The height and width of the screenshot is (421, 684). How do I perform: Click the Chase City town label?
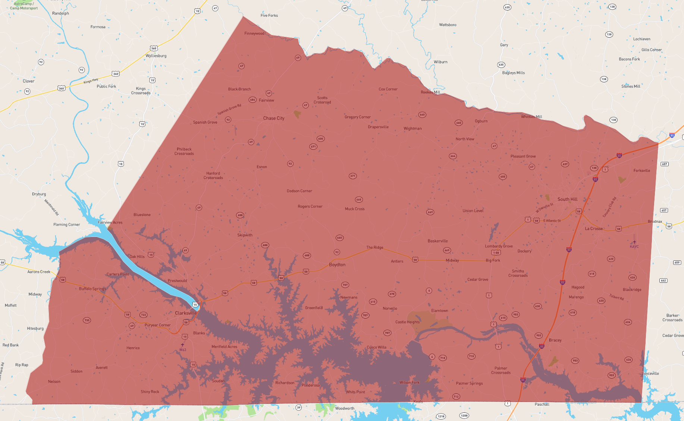click(x=274, y=118)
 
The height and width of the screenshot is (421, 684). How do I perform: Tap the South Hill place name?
click(x=567, y=199)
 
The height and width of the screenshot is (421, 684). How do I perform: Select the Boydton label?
click(x=337, y=265)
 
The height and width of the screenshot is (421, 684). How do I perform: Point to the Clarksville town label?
click(x=186, y=313)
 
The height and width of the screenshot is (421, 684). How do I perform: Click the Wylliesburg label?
click(x=156, y=56)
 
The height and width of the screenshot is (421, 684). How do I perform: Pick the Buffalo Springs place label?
click(x=92, y=289)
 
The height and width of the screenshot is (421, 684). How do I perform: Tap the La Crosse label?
click(x=594, y=228)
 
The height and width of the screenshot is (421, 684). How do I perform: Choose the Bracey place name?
click(x=555, y=340)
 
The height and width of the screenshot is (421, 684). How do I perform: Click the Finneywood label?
click(x=254, y=34)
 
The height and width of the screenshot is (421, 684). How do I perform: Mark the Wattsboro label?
click(x=448, y=25)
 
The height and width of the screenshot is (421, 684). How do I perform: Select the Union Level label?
click(x=473, y=211)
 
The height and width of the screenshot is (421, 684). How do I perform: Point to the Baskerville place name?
click(x=437, y=241)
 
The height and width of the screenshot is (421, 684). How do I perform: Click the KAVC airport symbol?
click(x=634, y=242)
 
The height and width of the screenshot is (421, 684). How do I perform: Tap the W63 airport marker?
click(x=182, y=345)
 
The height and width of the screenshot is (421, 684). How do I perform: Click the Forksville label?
click(x=641, y=171)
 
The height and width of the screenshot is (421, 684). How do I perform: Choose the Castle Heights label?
click(x=407, y=322)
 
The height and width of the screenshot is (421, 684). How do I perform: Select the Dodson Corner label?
click(x=299, y=191)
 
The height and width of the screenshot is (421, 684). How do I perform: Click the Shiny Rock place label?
click(x=150, y=392)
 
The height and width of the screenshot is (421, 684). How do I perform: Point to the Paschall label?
click(x=542, y=404)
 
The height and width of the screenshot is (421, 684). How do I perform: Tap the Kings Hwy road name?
click(x=91, y=81)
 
